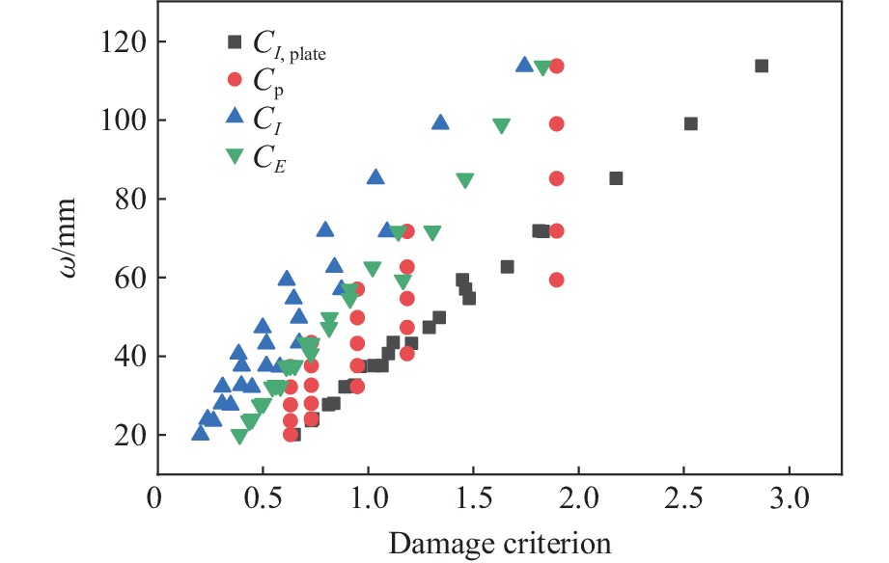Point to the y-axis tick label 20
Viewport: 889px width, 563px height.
tap(122, 435)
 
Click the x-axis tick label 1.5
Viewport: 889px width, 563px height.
tap(473, 502)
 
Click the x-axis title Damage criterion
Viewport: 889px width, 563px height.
tap(500, 543)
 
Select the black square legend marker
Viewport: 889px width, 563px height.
tap(233, 41)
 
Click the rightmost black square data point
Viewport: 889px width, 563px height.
tap(761, 66)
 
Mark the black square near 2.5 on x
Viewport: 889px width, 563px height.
tap(690, 123)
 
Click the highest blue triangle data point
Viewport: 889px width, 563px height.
tap(524, 65)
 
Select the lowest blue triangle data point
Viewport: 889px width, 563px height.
tap(201, 432)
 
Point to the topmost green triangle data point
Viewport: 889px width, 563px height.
tap(542, 67)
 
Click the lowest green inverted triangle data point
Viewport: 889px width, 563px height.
tap(239, 436)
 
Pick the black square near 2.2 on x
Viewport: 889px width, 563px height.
tap(616, 178)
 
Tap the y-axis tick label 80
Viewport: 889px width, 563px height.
tap(122, 199)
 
